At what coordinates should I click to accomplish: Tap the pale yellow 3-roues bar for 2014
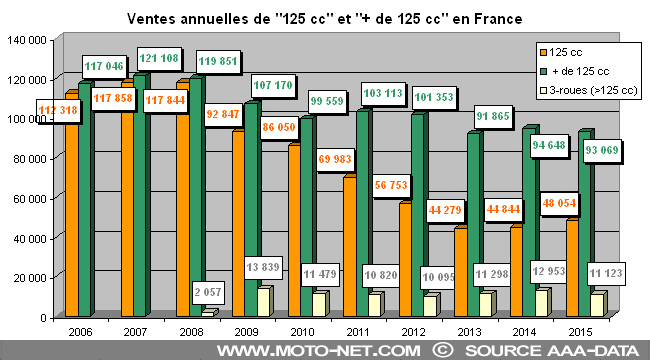click(x=539, y=302)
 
